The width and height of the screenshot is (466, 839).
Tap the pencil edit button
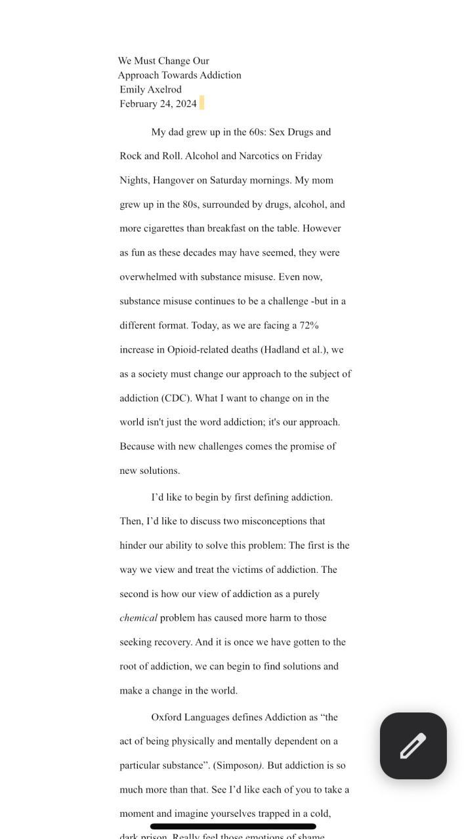[413, 746]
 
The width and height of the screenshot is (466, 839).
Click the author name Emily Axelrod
[150, 89]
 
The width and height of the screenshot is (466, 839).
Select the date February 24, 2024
[158, 104]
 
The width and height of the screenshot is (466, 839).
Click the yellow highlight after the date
[201, 103]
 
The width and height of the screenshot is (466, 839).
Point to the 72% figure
[309, 325]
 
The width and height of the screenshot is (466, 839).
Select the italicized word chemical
[138, 617]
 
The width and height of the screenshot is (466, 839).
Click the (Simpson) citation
[238, 765]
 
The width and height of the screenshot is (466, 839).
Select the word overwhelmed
[148, 277]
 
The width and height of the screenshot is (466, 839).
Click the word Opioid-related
[198, 349]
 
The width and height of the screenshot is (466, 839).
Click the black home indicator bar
[233, 827]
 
